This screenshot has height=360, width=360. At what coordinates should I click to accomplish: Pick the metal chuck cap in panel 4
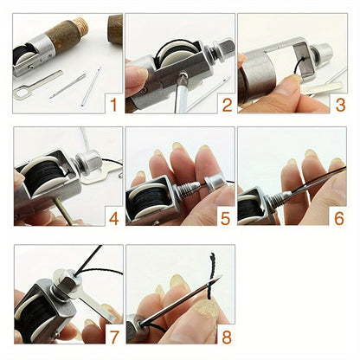pos(87,160)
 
